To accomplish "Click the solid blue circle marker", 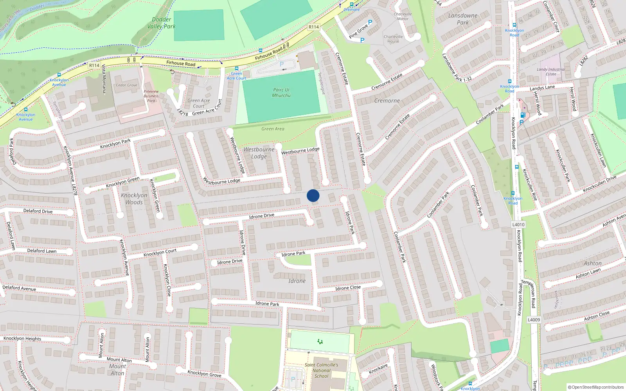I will tap(313, 195).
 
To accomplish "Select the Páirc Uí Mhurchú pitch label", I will tap(281, 93).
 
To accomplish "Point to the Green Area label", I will tap(273, 129).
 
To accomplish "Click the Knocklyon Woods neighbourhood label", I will tap(134, 199).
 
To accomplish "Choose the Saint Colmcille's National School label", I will tap(321, 370).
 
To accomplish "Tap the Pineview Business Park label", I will tap(151, 96).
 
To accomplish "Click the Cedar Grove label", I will tap(126, 85).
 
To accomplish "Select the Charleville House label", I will tap(393, 39).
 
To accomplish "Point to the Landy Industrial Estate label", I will tap(551, 72).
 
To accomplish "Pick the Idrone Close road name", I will tap(348, 288).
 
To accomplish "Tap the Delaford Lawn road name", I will tap(42, 251).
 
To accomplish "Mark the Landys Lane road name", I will tap(542, 88).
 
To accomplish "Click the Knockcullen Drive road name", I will tap(599, 184).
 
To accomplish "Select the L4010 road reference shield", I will tap(518, 224).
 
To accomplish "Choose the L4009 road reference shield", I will tap(534, 319).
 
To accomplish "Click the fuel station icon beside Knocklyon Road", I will tap(522, 115).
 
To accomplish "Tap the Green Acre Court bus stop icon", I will tap(236, 68).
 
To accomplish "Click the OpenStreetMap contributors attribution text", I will tap(596, 387).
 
